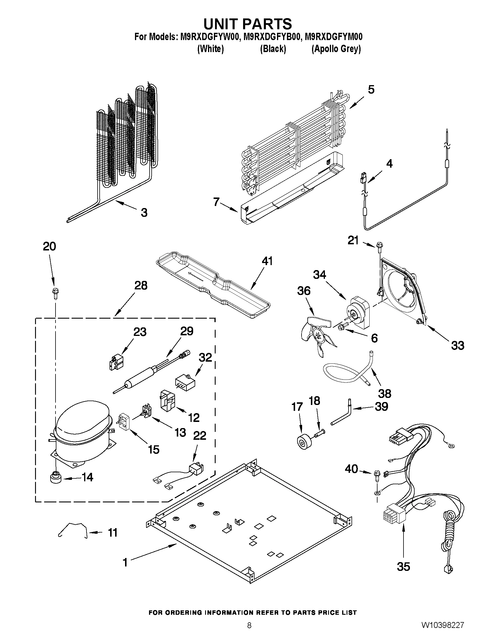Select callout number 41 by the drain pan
pyautogui.click(x=267, y=261)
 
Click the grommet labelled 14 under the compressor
pyautogui.click(x=55, y=477)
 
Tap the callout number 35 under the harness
pyautogui.click(x=403, y=567)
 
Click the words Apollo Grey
pyautogui.click(x=336, y=49)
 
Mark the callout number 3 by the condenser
pyautogui.click(x=144, y=212)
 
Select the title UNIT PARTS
pyautogui.click(x=248, y=24)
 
